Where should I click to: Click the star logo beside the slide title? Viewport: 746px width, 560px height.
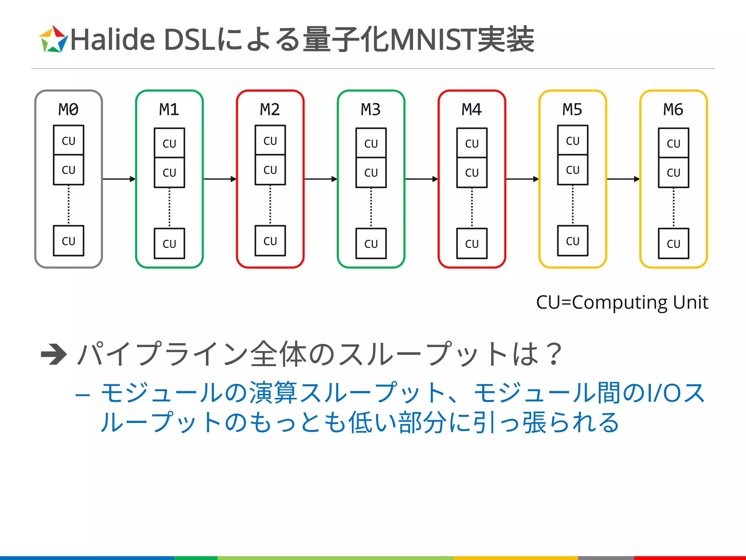53,39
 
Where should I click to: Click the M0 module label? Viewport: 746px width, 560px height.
68,109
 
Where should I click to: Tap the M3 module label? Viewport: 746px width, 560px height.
371,109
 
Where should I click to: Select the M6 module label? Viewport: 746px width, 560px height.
673,109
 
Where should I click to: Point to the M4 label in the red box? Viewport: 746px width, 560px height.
472,109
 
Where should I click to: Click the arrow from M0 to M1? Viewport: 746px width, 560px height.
119,179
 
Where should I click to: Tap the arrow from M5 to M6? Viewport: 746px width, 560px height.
623,179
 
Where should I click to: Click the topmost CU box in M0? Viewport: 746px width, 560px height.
68,140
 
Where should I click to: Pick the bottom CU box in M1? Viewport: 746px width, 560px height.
169,244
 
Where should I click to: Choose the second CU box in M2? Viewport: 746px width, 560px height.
270,170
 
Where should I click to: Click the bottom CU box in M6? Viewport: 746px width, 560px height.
674,244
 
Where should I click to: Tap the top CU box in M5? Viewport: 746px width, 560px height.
573,140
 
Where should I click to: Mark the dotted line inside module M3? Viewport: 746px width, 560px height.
371,208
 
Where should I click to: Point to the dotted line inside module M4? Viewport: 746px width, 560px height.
472,208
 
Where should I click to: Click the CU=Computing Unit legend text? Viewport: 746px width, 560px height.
622,302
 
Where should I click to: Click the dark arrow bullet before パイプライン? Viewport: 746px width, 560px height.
54,354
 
